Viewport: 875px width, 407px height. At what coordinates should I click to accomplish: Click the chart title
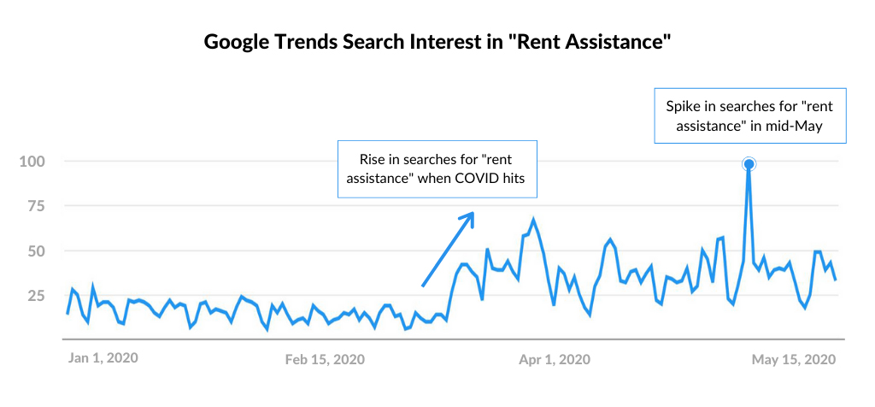436,42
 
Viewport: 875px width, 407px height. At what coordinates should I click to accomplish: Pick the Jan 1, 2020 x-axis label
103,357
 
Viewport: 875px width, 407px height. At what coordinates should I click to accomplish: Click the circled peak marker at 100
749,164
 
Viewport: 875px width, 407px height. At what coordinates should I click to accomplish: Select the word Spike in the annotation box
682,107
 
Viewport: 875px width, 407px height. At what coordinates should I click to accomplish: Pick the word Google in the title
238,42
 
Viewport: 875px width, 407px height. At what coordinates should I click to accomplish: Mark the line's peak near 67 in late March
533,220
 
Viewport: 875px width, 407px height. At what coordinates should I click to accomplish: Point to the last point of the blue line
835,280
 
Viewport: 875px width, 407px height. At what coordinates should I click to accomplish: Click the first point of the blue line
68,313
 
